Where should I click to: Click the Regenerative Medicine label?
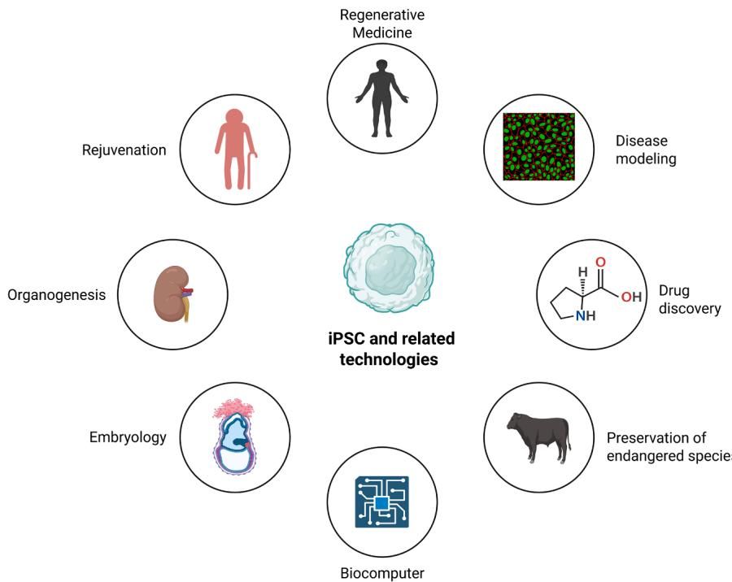382,24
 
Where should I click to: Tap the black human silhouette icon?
382,98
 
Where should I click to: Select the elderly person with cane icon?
236,150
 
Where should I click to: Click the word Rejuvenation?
124,150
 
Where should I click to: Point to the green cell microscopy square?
538,146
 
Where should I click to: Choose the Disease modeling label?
646,150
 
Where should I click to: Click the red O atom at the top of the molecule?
601,263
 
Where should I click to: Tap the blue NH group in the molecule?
586,316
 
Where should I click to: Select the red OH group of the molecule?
631,297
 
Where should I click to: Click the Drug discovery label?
690,300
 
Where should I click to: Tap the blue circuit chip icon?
382,502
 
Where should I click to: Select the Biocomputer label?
382,573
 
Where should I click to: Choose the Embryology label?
128,437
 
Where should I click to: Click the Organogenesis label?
56,295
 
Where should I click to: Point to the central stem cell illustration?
390,268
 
